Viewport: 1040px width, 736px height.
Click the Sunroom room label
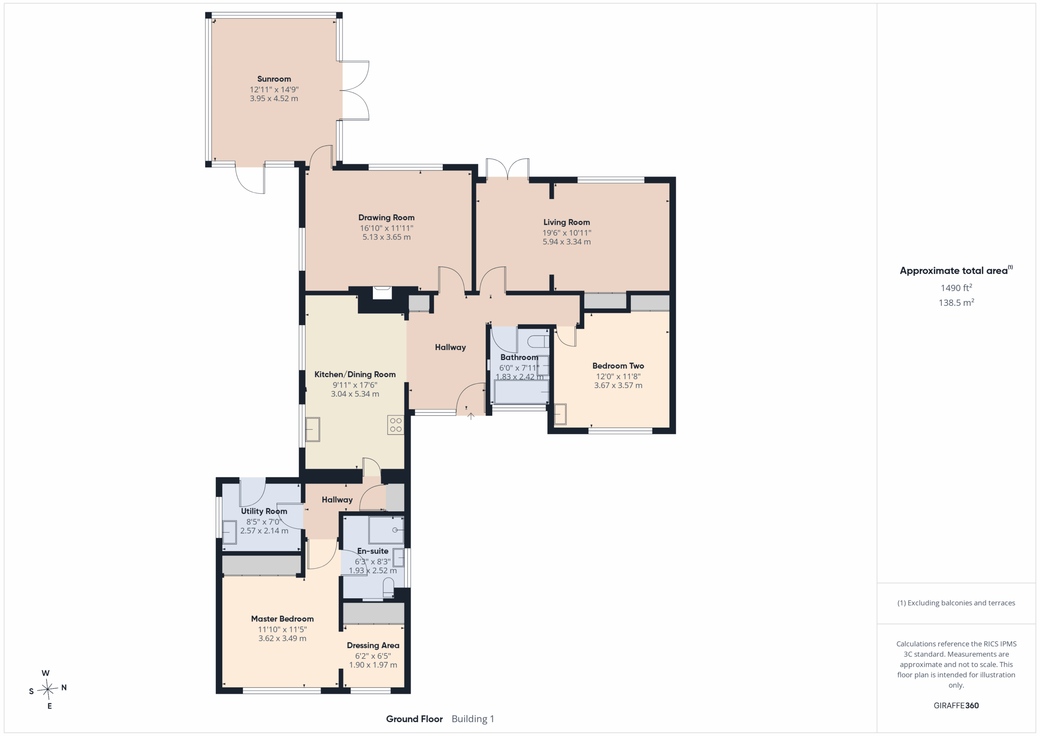point(274,79)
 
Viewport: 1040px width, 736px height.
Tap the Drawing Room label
point(386,217)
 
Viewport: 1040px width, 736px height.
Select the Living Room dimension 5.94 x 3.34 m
point(567,242)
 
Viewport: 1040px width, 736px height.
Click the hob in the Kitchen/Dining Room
point(395,425)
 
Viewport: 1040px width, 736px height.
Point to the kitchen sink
point(312,430)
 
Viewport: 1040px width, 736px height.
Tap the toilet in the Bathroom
point(539,341)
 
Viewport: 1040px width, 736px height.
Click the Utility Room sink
point(229,532)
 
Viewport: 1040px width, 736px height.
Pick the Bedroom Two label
point(618,366)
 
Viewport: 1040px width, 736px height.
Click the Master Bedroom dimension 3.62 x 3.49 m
point(282,638)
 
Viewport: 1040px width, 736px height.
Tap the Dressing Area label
point(373,645)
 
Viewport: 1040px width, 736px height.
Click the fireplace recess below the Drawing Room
point(382,293)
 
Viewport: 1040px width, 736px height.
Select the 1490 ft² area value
point(956,288)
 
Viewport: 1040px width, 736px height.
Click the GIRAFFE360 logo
point(956,706)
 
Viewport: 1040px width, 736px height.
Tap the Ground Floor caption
point(414,719)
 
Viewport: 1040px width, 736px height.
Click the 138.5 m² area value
point(956,303)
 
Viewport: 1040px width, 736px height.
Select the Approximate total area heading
point(956,271)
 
